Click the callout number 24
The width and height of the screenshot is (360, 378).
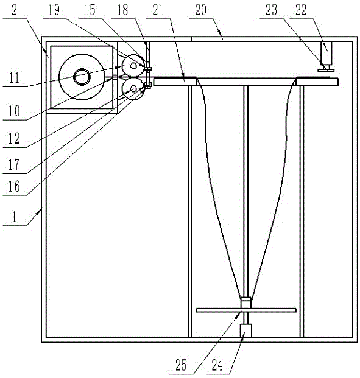click(217, 365)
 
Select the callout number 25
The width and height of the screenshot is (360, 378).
click(181, 365)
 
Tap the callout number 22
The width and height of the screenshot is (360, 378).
click(301, 10)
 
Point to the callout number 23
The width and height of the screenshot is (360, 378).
click(272, 10)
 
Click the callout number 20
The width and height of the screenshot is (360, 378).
click(201, 10)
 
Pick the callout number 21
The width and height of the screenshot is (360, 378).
click(158, 10)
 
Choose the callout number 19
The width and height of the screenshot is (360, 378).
click(54, 10)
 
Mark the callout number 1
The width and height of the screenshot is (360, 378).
click(14, 217)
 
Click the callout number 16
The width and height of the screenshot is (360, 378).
click(14, 186)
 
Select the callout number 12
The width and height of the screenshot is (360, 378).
click(14, 139)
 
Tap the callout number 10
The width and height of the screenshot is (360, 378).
click(14, 111)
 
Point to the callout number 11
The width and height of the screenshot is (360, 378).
click(14, 78)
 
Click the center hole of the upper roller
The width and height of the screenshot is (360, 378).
click(133, 66)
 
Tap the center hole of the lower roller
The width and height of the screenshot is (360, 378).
click(133, 89)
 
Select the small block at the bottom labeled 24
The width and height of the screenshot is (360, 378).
click(246, 331)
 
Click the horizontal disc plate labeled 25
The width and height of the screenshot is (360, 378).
click(246, 310)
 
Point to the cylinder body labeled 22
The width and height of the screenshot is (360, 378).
click(326, 52)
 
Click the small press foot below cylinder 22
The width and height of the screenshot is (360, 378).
click(326, 70)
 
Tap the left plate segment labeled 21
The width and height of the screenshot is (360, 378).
click(175, 82)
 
